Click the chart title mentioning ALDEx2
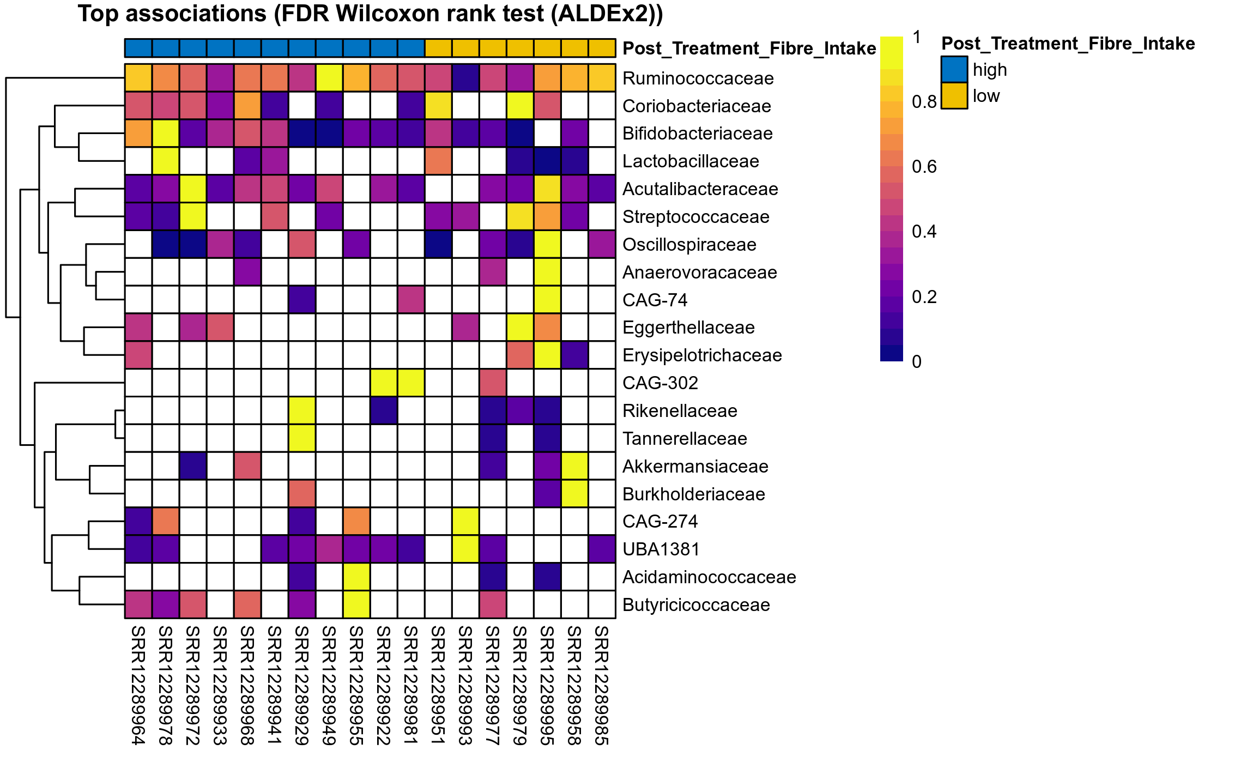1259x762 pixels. pyautogui.click(x=370, y=14)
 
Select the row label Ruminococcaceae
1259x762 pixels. pyautogui.click(x=698, y=78)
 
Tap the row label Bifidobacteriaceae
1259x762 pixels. pyautogui.click(x=697, y=134)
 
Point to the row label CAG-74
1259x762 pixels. pyautogui.click(x=655, y=300)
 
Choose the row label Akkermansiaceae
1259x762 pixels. pyautogui.click(x=695, y=467)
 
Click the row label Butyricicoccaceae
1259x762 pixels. pyautogui.click(x=696, y=605)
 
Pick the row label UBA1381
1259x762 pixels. pyautogui.click(x=661, y=549)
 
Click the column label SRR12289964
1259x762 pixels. pyautogui.click(x=138, y=685)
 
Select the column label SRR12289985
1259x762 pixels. pyautogui.click(x=602, y=685)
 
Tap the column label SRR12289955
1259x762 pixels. pyautogui.click(x=356, y=685)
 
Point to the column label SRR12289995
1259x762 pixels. pyautogui.click(x=547, y=685)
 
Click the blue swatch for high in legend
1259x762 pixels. pyautogui.click(x=954, y=70)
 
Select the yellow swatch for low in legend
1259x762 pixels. pyautogui.click(x=954, y=96)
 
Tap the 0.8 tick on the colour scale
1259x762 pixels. pyautogui.click(x=924, y=102)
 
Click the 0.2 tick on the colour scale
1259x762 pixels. pyautogui.click(x=924, y=297)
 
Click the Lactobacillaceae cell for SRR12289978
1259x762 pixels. pyautogui.click(x=166, y=161)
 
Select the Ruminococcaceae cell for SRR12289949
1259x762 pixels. pyautogui.click(x=329, y=78)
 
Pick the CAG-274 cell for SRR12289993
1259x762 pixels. pyautogui.click(x=465, y=522)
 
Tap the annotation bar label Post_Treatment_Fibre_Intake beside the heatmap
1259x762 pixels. pyautogui.click(x=749, y=49)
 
